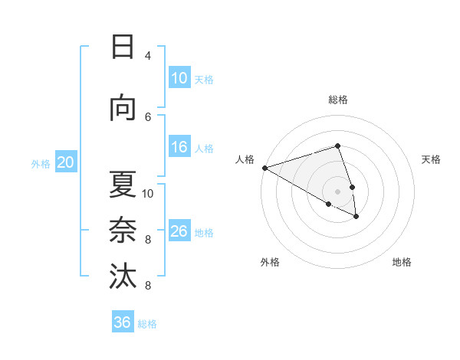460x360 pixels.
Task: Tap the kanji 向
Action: point(123,109)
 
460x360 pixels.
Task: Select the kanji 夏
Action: point(123,185)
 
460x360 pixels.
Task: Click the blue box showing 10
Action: point(179,78)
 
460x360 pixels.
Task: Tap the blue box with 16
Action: point(179,148)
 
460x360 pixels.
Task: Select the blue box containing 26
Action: point(179,231)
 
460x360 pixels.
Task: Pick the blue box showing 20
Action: point(66,162)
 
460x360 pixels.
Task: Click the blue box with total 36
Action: point(123,322)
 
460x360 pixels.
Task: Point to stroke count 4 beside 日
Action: point(148,55)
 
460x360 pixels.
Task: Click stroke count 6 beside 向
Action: point(148,116)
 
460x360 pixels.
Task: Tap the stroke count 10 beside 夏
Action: point(148,193)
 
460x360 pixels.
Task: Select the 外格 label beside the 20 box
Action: point(41,163)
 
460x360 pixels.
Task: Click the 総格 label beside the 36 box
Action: point(147,324)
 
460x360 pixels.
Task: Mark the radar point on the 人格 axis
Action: point(264,168)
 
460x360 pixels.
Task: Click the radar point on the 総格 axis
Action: point(337,146)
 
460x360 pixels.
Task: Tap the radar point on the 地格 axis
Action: point(356,217)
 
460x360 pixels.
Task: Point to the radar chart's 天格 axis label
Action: point(431,159)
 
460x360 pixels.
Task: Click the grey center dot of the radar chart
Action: point(337,191)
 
